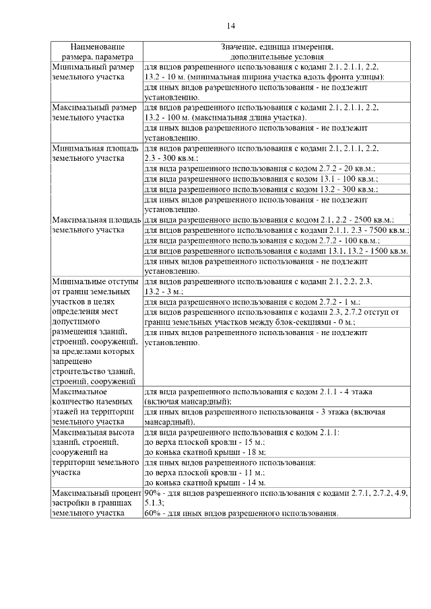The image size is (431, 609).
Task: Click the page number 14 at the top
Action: coord(230,26)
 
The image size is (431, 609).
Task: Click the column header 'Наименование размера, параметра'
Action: coord(97,52)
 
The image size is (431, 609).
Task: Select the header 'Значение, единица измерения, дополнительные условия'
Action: coord(277,52)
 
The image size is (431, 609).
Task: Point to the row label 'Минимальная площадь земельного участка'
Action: coord(96,152)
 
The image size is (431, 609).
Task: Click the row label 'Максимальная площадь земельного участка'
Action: coord(96,225)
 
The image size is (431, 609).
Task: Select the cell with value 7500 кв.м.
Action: coord(276,229)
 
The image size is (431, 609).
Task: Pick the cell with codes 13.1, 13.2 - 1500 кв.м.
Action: coord(276,250)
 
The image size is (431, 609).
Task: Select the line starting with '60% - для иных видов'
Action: coord(241,513)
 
